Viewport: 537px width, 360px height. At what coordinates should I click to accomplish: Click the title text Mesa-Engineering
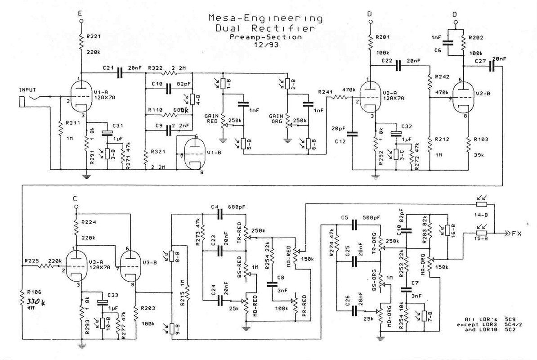265,19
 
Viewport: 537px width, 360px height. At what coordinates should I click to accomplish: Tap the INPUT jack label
27,90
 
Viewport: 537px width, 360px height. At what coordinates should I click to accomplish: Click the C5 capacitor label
345,218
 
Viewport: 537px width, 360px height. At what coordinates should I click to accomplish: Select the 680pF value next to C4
237,207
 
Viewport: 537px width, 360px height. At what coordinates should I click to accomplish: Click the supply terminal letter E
80,13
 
